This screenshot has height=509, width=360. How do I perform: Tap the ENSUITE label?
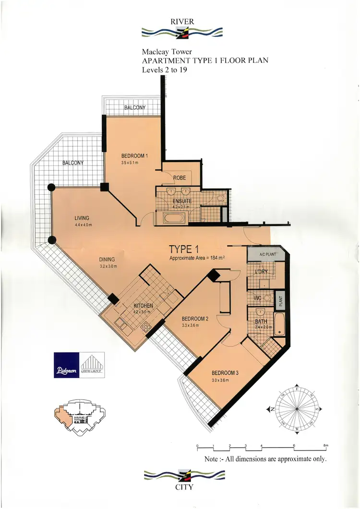tap(182, 201)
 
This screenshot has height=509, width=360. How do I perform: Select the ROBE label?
tap(179, 178)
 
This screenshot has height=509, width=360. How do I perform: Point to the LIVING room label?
tap(82, 218)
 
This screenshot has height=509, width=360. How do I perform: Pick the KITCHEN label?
tap(143, 306)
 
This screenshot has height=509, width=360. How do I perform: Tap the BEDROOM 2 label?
tap(195, 319)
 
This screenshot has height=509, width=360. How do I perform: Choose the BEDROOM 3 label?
tap(224, 373)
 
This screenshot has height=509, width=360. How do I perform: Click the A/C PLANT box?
tap(266, 255)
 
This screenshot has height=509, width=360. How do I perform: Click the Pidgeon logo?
tap(66, 365)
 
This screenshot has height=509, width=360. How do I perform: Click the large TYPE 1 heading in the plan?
tap(183, 249)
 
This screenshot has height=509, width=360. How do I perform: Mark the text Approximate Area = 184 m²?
tap(198, 258)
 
